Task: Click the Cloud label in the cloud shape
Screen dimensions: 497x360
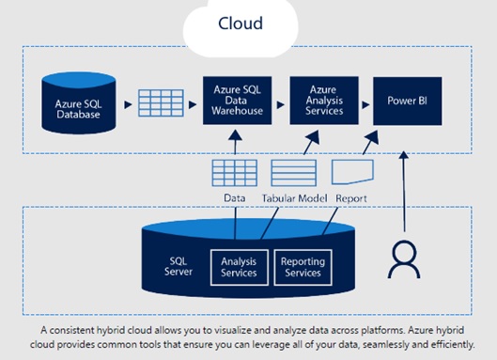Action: (241, 23)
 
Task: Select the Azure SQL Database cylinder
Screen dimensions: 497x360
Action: (79, 102)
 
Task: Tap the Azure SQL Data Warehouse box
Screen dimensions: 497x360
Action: (237, 101)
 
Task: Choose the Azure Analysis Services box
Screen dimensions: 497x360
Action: (324, 101)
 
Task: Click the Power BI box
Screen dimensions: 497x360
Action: (408, 101)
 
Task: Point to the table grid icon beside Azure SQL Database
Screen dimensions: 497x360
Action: (161, 103)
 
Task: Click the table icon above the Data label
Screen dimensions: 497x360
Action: (235, 173)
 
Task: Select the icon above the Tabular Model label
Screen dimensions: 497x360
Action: (294, 173)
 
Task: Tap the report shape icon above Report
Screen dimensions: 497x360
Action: (352, 172)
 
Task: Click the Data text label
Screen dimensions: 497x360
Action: (235, 198)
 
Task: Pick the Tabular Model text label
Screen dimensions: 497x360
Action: (294, 198)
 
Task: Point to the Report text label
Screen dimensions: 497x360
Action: (351, 198)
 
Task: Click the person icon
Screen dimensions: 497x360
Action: (404, 260)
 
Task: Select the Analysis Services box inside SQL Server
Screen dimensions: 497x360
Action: (240, 267)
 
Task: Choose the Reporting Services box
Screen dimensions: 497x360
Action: (303, 267)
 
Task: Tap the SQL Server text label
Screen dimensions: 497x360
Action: (179, 266)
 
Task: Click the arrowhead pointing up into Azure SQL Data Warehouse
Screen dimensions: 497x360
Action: (235, 134)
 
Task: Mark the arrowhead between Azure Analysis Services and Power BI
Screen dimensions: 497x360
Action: (365, 104)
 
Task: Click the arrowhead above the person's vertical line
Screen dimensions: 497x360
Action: (403, 155)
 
